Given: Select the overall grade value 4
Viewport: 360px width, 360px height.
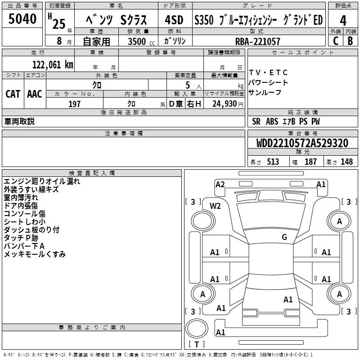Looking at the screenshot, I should pos(343,20).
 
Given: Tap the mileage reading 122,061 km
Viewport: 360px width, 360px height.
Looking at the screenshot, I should pos(53,64).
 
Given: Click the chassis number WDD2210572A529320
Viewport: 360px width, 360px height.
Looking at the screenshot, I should pos(302,143).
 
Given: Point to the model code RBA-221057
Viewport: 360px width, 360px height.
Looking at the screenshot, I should pos(257,41).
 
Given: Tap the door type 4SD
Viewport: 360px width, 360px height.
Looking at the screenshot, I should pos(174,20).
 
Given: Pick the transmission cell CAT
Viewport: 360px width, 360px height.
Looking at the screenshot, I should pos(13,94).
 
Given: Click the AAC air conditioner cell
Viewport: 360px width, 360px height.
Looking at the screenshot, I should pos(34,94).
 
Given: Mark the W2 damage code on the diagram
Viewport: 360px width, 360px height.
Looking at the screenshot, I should pos(216,206).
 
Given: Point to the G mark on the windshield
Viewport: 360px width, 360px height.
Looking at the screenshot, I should pos(284,237).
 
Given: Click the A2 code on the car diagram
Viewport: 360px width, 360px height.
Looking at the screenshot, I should pos(220,184).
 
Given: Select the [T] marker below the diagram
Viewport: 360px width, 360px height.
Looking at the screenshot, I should pos(196,344).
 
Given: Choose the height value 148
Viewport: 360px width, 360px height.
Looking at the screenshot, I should pos(346,162).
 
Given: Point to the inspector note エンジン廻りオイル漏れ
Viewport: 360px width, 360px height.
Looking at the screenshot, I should pos(42,181).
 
